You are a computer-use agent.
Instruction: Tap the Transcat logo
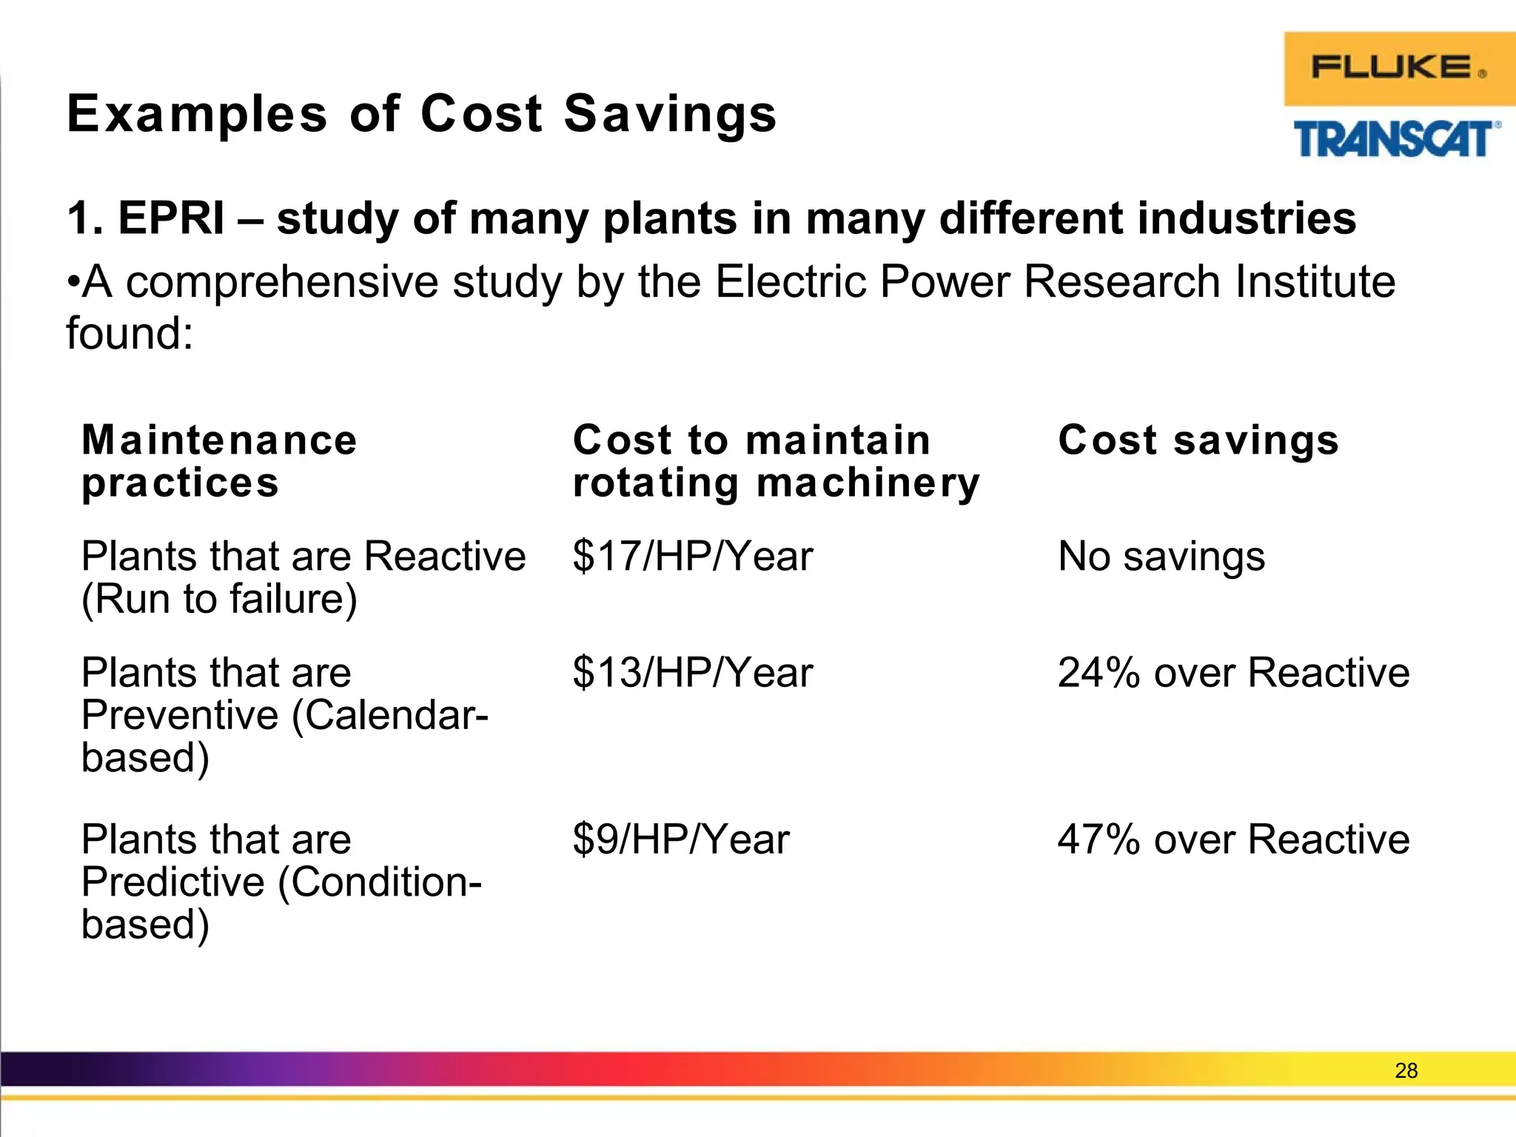point(1396,139)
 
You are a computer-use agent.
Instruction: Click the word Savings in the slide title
point(670,115)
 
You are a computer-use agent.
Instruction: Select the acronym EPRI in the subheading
point(171,218)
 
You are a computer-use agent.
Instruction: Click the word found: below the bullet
point(130,334)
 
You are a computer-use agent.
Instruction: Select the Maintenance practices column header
point(219,460)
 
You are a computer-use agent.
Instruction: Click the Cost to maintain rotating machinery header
point(776,460)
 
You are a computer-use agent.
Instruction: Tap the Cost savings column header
point(1198,440)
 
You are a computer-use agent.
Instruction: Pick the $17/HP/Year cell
point(692,556)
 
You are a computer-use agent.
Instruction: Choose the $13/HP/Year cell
point(692,673)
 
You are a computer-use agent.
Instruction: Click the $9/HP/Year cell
point(680,839)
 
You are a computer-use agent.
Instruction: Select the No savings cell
point(1161,556)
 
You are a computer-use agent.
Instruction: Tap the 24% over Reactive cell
point(1233,673)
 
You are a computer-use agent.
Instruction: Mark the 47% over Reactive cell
point(1233,839)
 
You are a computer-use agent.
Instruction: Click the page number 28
point(1406,1070)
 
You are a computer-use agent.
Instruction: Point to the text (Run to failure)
point(219,599)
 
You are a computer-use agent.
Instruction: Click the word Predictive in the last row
point(172,882)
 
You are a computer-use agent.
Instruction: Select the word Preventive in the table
point(180,715)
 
